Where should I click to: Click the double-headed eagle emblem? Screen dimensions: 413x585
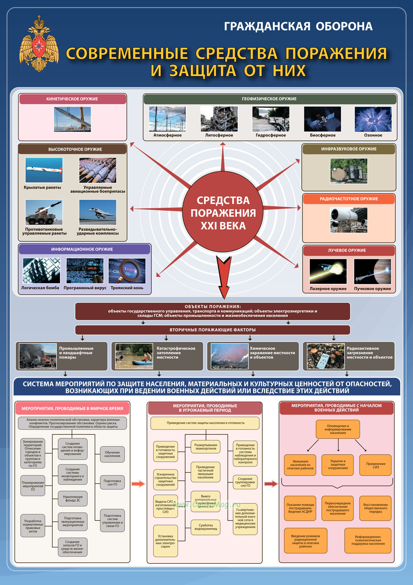click(x=39, y=44)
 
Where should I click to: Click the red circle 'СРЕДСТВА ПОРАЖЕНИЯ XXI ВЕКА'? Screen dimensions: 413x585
click(x=223, y=211)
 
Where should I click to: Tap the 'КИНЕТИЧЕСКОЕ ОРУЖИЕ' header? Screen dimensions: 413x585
click(x=72, y=99)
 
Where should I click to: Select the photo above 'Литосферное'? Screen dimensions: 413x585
click(x=219, y=119)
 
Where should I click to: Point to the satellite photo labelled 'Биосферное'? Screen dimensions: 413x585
click(x=322, y=119)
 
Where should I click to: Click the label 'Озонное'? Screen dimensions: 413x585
click(x=373, y=135)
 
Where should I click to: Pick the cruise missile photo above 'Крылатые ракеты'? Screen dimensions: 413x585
click(x=44, y=170)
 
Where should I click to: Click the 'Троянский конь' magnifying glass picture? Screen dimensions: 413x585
click(x=127, y=271)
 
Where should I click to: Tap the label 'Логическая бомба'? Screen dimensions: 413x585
click(x=40, y=288)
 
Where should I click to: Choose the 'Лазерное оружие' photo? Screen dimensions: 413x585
click(x=328, y=271)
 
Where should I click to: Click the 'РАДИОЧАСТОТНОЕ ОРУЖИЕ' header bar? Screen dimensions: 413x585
click(x=349, y=199)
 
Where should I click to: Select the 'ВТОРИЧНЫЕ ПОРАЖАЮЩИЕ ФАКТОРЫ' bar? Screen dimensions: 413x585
click(x=212, y=330)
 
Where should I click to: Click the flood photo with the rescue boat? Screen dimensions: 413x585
click(x=134, y=356)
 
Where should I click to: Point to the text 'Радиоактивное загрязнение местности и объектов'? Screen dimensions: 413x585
click(x=369, y=353)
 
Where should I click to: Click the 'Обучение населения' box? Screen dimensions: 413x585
click(x=112, y=454)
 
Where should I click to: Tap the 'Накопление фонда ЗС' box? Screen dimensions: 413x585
click(x=73, y=499)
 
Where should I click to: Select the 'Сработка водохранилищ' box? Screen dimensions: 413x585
click(x=205, y=527)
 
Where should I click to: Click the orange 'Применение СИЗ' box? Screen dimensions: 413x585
click(x=375, y=465)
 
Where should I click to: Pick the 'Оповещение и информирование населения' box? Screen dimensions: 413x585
click(x=338, y=429)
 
